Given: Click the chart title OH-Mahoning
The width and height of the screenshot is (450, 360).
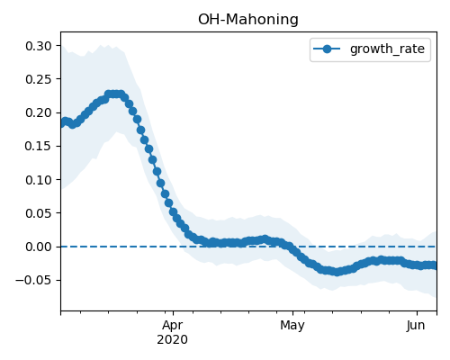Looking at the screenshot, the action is click(248, 20).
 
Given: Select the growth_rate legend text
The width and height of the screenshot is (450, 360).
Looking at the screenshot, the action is click(387, 49).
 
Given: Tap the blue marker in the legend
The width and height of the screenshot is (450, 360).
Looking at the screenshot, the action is click(327, 49).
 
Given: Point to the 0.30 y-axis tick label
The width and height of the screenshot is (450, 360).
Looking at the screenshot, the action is click(39, 46).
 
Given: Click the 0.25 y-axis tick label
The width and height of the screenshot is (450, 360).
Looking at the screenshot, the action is click(39, 79).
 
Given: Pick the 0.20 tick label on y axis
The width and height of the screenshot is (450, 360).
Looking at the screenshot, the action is click(39, 112).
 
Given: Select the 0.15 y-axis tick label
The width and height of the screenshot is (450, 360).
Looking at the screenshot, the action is click(39, 146).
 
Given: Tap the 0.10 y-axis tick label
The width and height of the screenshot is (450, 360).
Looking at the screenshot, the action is click(39, 180).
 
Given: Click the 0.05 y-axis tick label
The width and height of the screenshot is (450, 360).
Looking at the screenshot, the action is click(39, 213).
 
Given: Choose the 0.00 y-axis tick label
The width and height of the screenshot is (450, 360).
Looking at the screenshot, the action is click(39, 247).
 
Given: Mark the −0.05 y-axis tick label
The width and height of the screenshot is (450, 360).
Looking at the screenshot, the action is click(33, 280).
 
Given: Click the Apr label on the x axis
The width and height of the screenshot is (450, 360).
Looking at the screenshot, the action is click(173, 326).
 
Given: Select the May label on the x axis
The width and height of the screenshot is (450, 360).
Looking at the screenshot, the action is click(292, 326).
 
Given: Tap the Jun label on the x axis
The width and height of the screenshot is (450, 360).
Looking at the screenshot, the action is click(416, 325).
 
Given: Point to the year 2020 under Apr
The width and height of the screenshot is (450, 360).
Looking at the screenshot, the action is click(173, 339).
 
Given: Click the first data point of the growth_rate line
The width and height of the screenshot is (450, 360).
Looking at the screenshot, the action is click(61, 123).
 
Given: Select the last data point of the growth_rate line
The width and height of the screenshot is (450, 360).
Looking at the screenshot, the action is click(435, 265).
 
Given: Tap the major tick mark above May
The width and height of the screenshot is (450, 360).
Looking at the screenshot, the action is click(293, 313).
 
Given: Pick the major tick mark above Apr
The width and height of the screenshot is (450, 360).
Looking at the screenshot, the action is click(173, 313).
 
